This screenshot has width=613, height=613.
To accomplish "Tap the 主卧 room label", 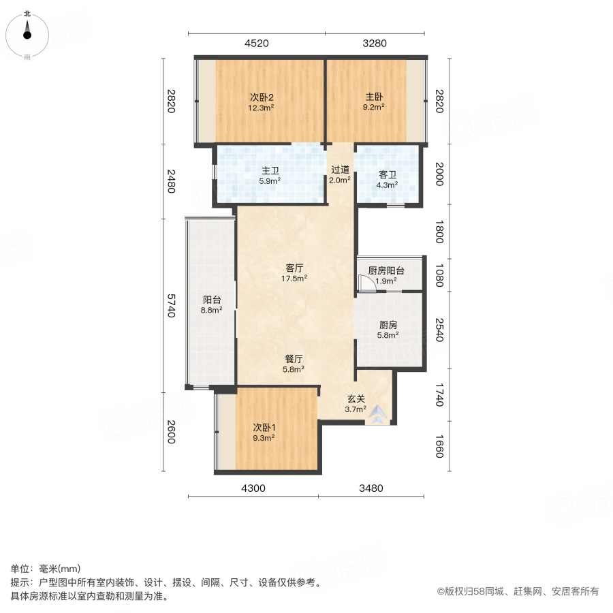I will (x=373, y=96).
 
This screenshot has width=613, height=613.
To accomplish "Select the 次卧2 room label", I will (x=261, y=96).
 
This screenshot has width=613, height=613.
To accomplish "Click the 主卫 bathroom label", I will (x=270, y=171).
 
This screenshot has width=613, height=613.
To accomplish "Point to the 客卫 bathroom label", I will (x=388, y=174).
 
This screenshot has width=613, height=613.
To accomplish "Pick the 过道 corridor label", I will (x=340, y=170).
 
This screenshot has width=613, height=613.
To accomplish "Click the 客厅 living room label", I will (x=296, y=268).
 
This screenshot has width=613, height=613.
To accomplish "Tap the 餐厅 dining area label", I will (x=294, y=359).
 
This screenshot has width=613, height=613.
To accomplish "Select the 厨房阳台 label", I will (x=386, y=270).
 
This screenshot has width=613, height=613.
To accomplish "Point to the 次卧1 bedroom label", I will (x=263, y=428).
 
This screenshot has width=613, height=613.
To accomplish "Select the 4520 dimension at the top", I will (x=256, y=44).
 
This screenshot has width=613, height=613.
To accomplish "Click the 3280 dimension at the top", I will (x=374, y=44).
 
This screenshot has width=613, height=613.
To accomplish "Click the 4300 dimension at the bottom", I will (x=253, y=488).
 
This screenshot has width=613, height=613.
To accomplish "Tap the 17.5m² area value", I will (x=296, y=278).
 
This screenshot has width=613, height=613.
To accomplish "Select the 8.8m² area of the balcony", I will (x=212, y=310).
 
